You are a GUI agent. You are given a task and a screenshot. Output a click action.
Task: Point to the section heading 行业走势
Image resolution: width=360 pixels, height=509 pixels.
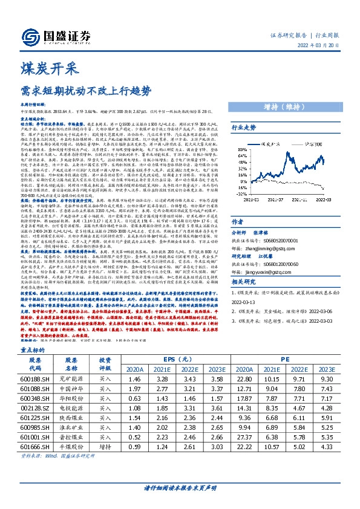[244, 128]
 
